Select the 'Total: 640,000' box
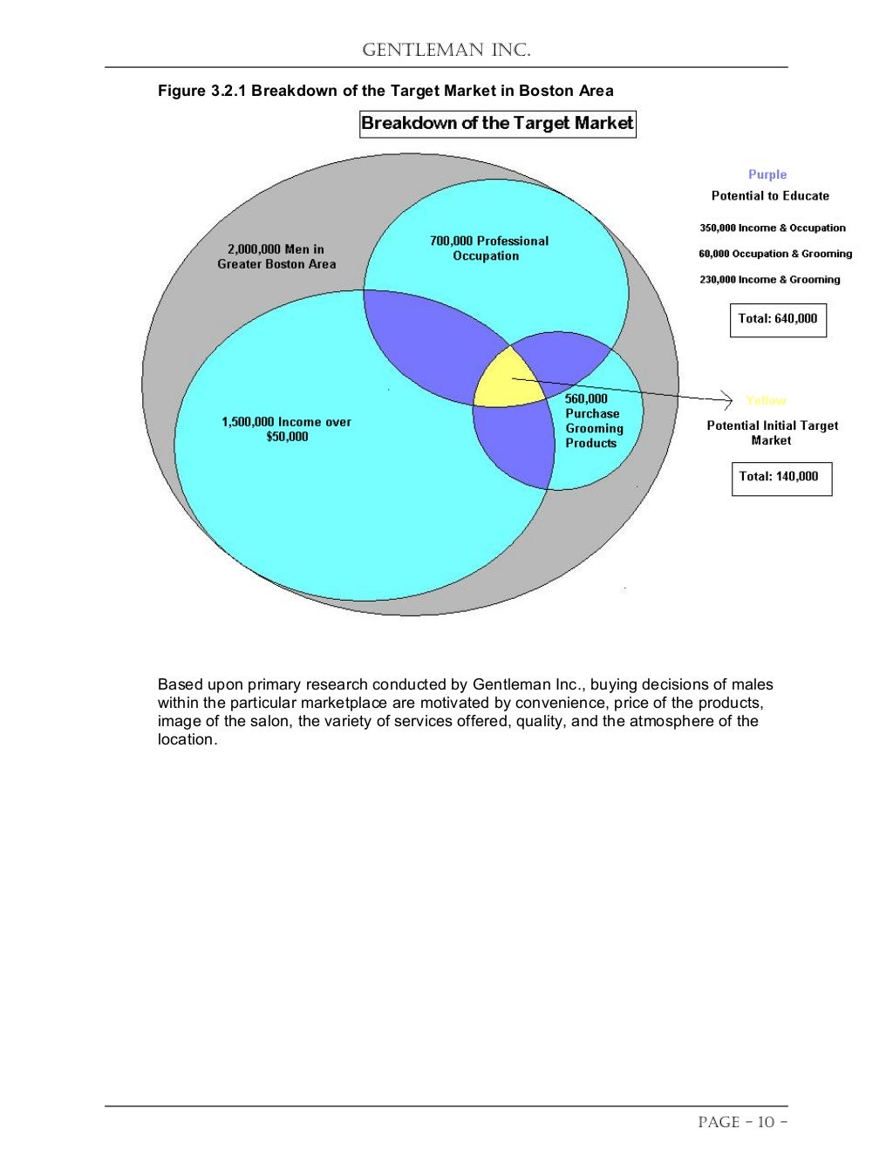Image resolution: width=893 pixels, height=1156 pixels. tap(777, 319)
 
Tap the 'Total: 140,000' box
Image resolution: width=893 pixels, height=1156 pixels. tap(781, 477)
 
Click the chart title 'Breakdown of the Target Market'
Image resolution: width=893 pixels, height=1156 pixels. tap(497, 123)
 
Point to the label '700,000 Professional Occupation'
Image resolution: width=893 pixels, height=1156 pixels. tap(488, 248)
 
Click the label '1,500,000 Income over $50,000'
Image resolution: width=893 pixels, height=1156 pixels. tap(286, 429)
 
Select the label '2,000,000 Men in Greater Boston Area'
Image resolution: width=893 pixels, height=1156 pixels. tap(276, 256)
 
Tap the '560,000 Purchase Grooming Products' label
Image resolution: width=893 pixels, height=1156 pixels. tap(593, 421)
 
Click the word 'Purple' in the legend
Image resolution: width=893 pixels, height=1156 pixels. tap(767, 174)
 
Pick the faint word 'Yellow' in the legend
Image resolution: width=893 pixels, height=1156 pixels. tap(766, 400)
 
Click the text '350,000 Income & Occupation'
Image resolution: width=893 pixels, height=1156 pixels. tap(772, 228)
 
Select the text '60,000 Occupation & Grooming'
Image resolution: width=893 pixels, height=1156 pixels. tap(774, 254)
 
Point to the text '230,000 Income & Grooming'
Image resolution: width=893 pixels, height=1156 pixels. tap(769, 280)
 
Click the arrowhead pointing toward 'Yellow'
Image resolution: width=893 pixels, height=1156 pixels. tap(728, 400)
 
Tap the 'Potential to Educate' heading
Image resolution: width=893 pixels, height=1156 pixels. tap(770, 196)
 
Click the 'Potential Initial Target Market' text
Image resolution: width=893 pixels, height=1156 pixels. tap(772, 432)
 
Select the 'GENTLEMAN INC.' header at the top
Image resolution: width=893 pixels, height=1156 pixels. tap(446, 50)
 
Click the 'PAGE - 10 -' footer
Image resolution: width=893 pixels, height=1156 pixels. tap(742, 1122)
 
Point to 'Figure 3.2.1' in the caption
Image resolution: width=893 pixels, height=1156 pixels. tap(201, 91)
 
